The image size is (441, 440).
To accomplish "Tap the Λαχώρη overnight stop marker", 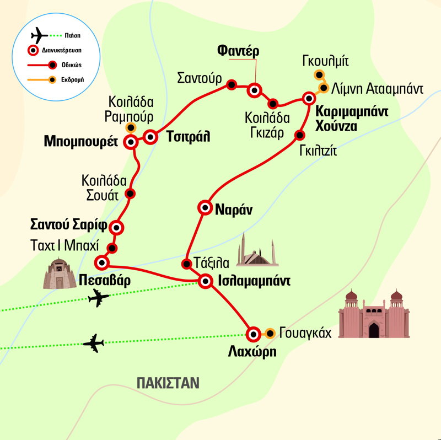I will point(253,334).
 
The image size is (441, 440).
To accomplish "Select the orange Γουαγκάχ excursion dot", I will point(270,333).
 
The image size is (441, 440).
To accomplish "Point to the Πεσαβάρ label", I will point(104,280).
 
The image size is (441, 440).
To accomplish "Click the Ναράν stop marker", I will point(205,208).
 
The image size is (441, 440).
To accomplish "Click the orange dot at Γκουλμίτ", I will point(318,75).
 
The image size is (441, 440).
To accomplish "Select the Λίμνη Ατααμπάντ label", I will point(377,88).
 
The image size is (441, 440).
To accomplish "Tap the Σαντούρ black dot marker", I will point(232,84).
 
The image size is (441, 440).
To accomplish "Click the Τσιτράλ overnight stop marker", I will point(150,137).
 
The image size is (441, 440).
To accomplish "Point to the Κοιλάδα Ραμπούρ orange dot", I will point(131,126).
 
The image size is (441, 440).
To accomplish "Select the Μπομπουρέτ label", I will point(86,141).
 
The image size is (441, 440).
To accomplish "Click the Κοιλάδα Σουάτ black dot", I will point(130,194).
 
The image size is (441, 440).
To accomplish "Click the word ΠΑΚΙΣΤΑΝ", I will point(168,383).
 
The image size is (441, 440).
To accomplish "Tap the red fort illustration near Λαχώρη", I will point(374,315).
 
